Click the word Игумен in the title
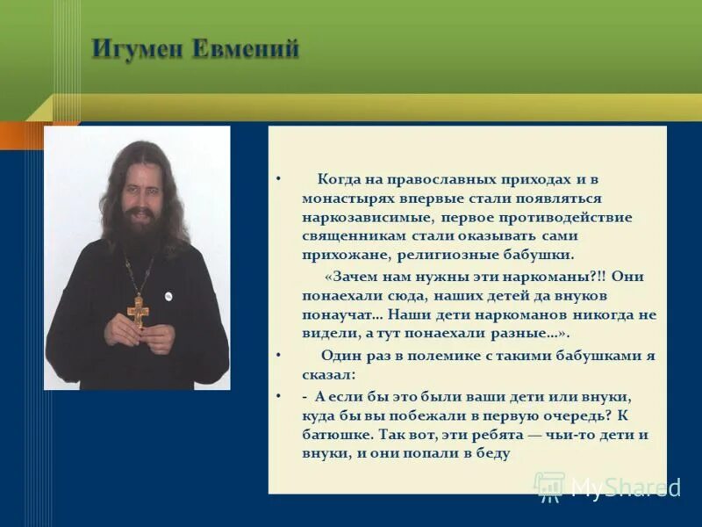(140, 51)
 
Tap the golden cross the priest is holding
(138, 310)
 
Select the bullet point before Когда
(278, 178)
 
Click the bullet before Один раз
(278, 356)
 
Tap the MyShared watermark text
(624, 487)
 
